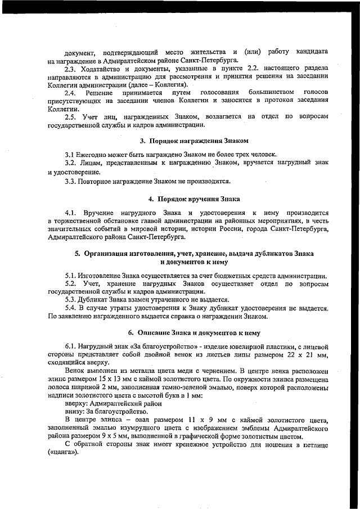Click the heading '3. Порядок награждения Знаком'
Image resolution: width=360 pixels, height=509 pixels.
coord(194,140)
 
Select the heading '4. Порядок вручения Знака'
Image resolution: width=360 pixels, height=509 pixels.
coord(194,199)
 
